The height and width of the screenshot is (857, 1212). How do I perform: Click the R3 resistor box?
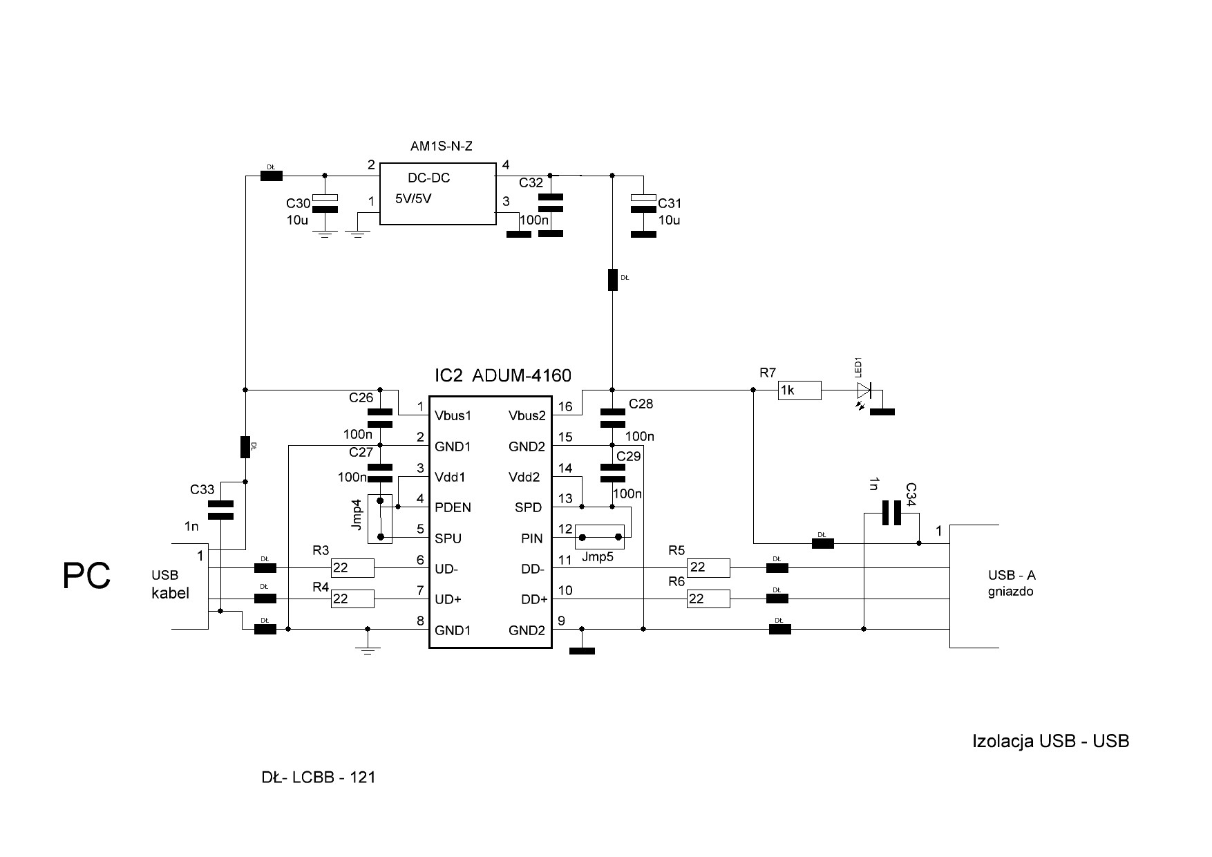[352, 568]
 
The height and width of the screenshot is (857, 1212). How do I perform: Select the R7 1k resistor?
[799, 390]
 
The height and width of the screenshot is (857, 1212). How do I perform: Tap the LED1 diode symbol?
[863, 391]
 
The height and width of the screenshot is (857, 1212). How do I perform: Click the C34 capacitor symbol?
[891, 513]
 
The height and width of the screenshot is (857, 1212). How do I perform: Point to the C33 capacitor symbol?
[220, 510]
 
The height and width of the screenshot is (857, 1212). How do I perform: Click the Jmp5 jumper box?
[600, 537]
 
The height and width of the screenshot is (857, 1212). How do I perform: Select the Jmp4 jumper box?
[379, 518]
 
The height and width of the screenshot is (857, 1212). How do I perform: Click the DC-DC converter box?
[438, 194]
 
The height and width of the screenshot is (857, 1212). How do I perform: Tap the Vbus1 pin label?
[453, 416]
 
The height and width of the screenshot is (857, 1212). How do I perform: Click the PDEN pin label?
[453, 508]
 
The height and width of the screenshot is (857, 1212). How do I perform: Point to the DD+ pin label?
[534, 600]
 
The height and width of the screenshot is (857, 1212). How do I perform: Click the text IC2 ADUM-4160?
[502, 376]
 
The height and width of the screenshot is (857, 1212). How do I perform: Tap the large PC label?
[86, 576]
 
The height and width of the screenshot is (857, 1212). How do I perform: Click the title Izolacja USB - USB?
[1050, 742]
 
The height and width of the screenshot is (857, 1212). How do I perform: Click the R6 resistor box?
[708, 599]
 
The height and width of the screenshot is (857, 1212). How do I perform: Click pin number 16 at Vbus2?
[565, 407]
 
